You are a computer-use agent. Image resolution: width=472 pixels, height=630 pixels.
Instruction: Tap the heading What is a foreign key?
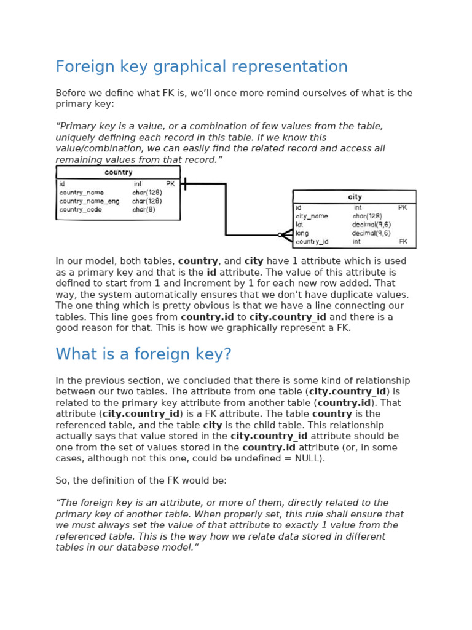143,354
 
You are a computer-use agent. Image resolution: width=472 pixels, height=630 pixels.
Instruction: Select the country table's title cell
118,173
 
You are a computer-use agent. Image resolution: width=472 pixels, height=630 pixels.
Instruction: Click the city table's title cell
355,197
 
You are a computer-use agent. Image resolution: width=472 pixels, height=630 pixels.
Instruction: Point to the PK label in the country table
170,184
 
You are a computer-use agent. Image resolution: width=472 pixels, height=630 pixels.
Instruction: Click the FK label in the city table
403,242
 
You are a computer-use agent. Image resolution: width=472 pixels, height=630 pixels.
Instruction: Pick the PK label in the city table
403,208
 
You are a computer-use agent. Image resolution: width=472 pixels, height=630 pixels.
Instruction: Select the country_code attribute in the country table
81,210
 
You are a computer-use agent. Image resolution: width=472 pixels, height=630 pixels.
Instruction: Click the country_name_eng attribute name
89,201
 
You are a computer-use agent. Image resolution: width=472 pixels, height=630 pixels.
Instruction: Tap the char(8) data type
144,210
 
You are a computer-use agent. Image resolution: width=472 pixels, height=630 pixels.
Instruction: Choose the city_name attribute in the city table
312,217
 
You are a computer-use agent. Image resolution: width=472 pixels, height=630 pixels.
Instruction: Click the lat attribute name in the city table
299,225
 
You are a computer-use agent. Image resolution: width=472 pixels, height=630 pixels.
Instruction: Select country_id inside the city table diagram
312,242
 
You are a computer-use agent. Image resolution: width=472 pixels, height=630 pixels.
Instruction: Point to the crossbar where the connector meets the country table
184,183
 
